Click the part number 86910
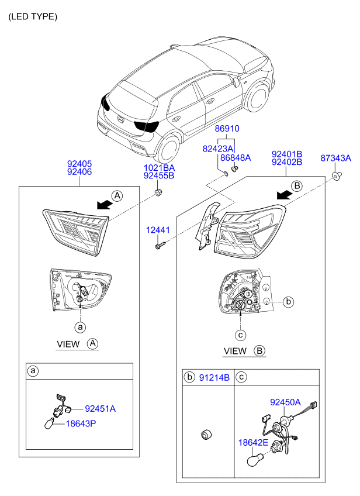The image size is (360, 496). click(x=227, y=129)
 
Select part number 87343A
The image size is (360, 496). click(x=335, y=158)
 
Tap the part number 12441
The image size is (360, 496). click(x=158, y=230)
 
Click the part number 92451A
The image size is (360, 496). click(x=100, y=409)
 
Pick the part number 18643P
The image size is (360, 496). click(x=81, y=423)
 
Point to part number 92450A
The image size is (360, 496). click(x=285, y=402)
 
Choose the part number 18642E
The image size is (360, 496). click(x=253, y=442)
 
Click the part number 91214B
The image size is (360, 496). click(x=214, y=377)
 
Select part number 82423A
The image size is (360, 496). click(x=218, y=149)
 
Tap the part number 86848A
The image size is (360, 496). click(x=236, y=157)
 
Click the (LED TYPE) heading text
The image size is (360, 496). click(x=33, y=16)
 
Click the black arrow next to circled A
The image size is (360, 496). click(x=105, y=205)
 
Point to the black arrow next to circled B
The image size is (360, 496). click(x=285, y=195)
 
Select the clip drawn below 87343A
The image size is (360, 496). click(x=336, y=175)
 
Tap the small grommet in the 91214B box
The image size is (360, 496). click(x=206, y=435)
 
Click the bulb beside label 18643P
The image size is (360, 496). click(x=50, y=423)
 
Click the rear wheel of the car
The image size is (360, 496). click(x=168, y=150)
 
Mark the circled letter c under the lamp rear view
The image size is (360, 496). click(x=241, y=335)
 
